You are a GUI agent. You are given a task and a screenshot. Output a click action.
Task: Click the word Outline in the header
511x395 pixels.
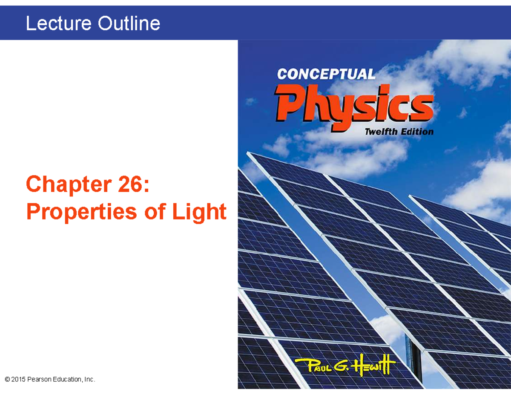pyautogui.click(x=129, y=23)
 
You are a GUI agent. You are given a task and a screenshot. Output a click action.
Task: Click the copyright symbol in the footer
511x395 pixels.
pyautogui.click(x=7, y=379)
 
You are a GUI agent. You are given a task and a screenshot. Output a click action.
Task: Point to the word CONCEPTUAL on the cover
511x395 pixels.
pyautogui.click(x=326, y=75)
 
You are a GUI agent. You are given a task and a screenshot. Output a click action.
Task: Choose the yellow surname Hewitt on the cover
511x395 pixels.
pyautogui.click(x=374, y=365)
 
